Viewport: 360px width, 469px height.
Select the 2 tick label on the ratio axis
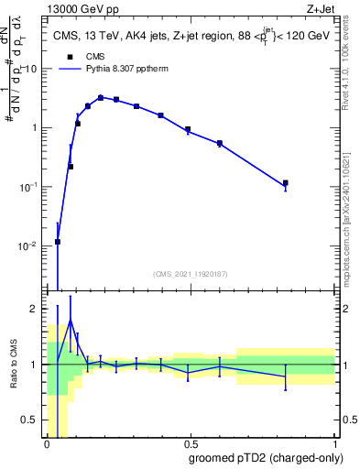click(36, 309)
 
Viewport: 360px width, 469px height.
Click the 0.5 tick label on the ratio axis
click(31, 421)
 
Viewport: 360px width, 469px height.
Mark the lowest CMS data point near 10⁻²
click(58, 242)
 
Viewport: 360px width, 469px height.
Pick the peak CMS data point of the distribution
click(101, 97)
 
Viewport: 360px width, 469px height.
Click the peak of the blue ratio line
click(71, 321)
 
